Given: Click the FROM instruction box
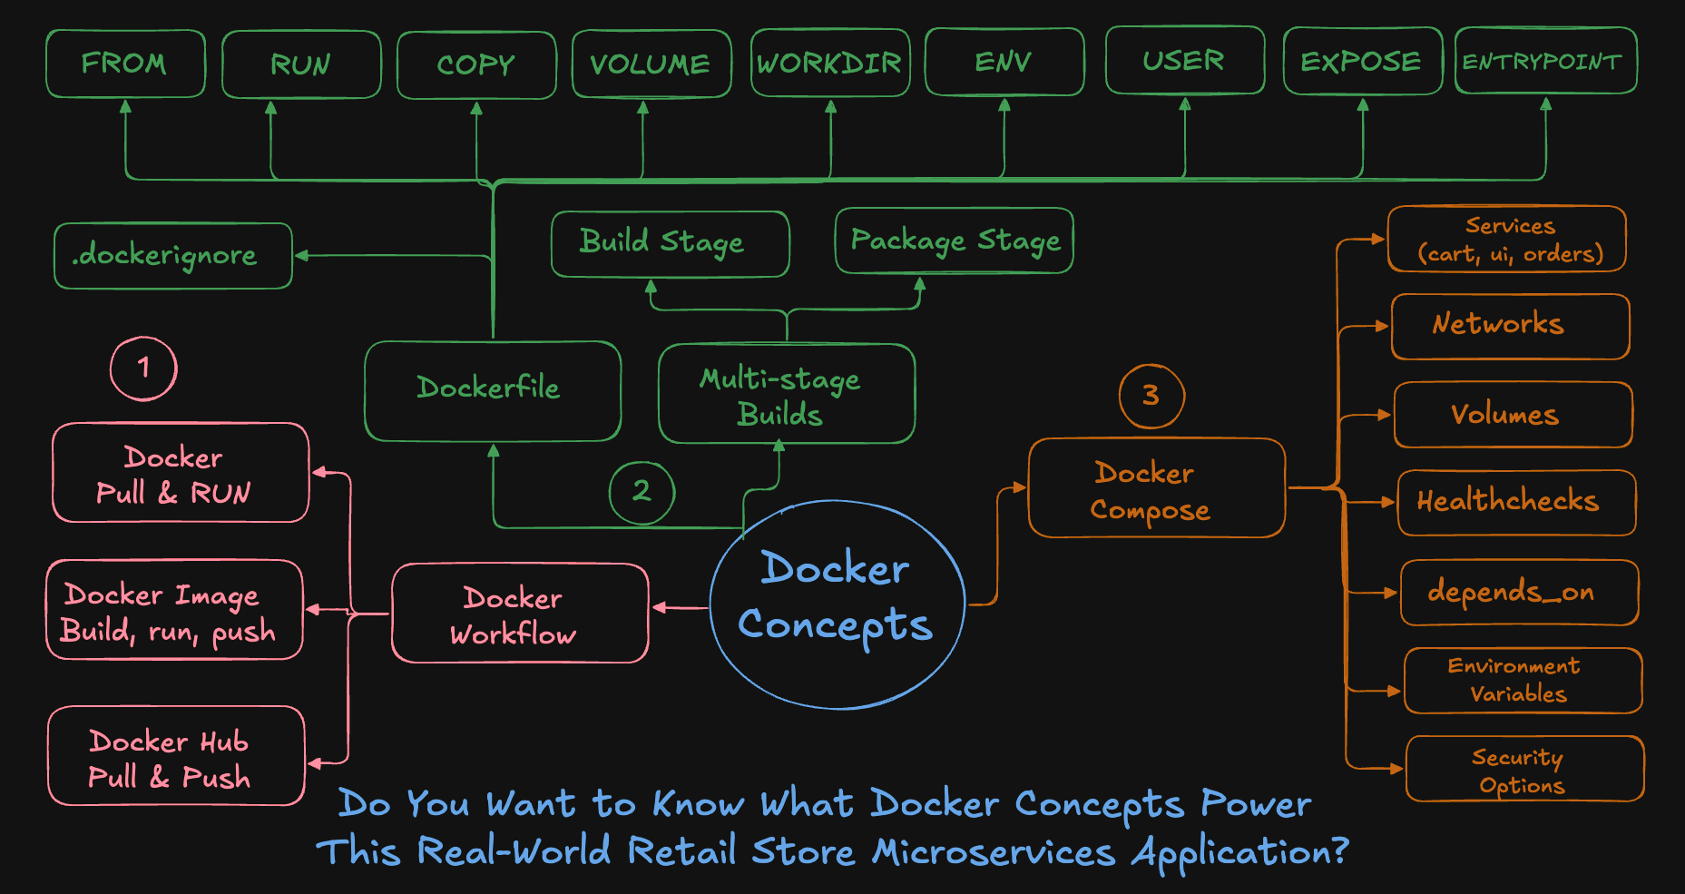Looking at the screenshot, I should coord(125,64).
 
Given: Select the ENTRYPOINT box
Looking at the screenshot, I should coord(1545,61).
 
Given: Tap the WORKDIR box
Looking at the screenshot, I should coord(829,63).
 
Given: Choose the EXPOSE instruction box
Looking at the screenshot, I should coord(1362,61).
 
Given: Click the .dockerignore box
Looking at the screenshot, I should coord(172,256).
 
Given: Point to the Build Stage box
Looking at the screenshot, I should coord(670,243).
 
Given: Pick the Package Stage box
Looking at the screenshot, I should coord(954,241).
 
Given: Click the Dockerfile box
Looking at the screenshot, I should coord(492,390).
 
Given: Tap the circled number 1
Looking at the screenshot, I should coord(143,368).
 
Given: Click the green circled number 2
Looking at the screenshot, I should coord(642,491).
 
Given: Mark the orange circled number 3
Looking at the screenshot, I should coord(1151,395).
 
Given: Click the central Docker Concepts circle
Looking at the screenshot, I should coord(836,603).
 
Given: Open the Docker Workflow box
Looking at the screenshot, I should coord(519,614).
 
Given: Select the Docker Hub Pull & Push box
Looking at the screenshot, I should coord(175,757).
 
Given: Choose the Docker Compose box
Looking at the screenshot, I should coord(1156,488).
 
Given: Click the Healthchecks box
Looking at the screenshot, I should coord(1515,502).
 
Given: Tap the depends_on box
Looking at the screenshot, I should coord(1518,592).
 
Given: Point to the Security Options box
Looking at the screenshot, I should coord(1523,770).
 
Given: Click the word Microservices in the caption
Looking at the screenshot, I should coord(994,851).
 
